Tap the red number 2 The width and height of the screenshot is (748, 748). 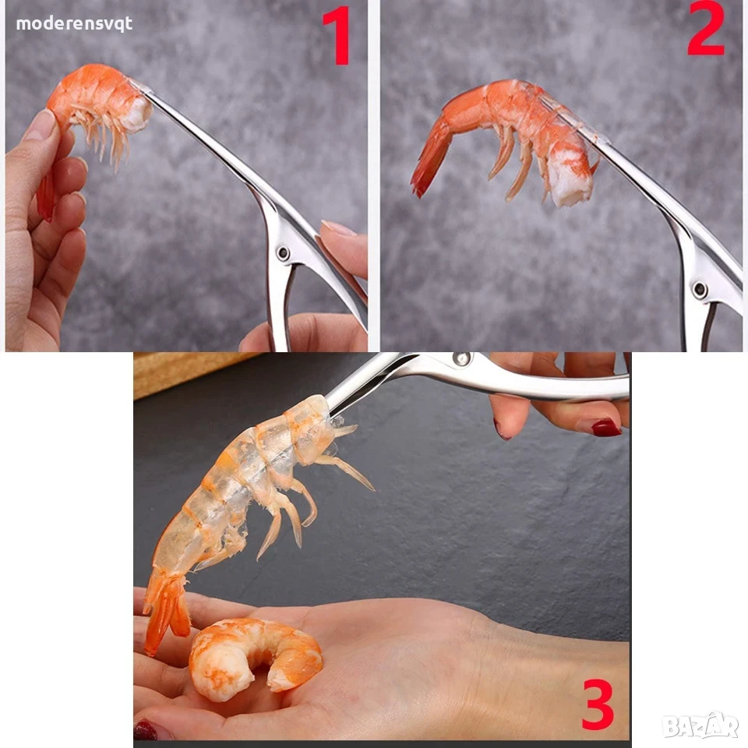(706, 28)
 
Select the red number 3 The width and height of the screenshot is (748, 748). (598, 705)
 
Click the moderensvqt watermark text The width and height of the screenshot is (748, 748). (74, 24)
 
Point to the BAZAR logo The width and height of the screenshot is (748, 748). (700, 725)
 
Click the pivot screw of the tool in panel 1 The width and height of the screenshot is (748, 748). (284, 252)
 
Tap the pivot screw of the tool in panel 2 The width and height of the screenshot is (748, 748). (700, 289)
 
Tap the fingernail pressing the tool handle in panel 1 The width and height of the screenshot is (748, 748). (337, 228)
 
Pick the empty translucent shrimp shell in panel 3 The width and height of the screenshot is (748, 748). (248, 492)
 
